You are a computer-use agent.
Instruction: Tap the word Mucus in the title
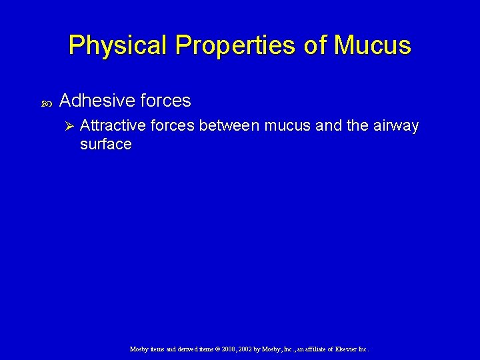pyautogui.click(x=373, y=45)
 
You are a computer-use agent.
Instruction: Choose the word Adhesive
pyautogui.click(x=97, y=101)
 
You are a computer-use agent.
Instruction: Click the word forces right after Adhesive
pyautogui.click(x=165, y=101)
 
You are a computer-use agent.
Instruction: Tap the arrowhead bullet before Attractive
pyautogui.click(x=66, y=127)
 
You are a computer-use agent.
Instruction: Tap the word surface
pyautogui.click(x=105, y=144)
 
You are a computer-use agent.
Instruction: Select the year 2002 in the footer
pyautogui.click(x=238, y=349)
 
